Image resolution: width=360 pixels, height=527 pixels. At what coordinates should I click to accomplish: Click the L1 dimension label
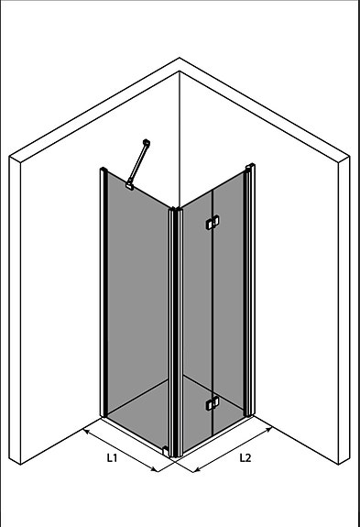111,456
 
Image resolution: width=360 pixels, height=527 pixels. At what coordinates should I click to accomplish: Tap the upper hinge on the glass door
213,221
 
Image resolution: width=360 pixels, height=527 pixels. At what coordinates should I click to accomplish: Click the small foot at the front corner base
165,449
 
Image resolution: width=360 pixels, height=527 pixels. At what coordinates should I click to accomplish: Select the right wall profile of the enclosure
249,293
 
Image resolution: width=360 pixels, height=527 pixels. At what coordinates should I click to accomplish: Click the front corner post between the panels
176,330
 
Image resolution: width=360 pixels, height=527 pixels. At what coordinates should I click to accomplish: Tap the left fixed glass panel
137,302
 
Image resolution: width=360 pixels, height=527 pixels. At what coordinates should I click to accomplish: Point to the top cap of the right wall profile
249,167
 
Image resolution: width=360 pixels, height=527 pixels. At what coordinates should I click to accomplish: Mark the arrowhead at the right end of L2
270,428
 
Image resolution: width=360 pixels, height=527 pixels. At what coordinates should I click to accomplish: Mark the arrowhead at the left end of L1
85,428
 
